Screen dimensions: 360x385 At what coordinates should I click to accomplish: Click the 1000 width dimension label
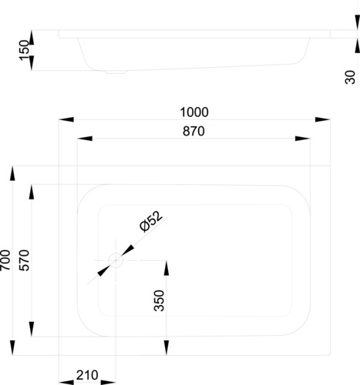(194, 112)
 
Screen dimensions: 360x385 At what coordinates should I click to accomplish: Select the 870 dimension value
(193, 131)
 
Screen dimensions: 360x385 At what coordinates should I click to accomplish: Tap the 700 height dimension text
(5, 260)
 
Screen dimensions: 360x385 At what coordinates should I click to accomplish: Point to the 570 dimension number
(25, 260)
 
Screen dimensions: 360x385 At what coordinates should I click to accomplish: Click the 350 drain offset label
(159, 300)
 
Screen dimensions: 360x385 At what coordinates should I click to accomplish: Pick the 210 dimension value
(87, 375)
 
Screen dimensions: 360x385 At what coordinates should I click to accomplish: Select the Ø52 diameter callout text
(151, 221)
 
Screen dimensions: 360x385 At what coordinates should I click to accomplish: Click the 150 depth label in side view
(24, 50)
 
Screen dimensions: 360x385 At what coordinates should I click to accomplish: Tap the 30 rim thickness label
(350, 77)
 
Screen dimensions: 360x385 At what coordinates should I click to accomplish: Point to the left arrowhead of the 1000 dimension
(66, 119)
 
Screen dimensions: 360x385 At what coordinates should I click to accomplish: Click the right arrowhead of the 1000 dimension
(322, 119)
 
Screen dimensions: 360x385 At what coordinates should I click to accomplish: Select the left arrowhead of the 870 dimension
(85, 139)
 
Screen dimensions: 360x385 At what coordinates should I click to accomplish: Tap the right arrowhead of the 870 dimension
(303, 139)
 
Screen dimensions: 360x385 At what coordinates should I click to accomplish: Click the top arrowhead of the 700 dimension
(12, 173)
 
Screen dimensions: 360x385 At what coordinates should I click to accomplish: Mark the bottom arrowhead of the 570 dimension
(32, 330)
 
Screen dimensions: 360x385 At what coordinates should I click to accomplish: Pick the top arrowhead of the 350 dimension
(167, 268)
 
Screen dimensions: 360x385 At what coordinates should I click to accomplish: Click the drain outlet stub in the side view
(116, 72)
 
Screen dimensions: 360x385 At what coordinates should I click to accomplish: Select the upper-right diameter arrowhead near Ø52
(128, 250)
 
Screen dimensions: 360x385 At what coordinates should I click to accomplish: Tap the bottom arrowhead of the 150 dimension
(32, 63)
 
